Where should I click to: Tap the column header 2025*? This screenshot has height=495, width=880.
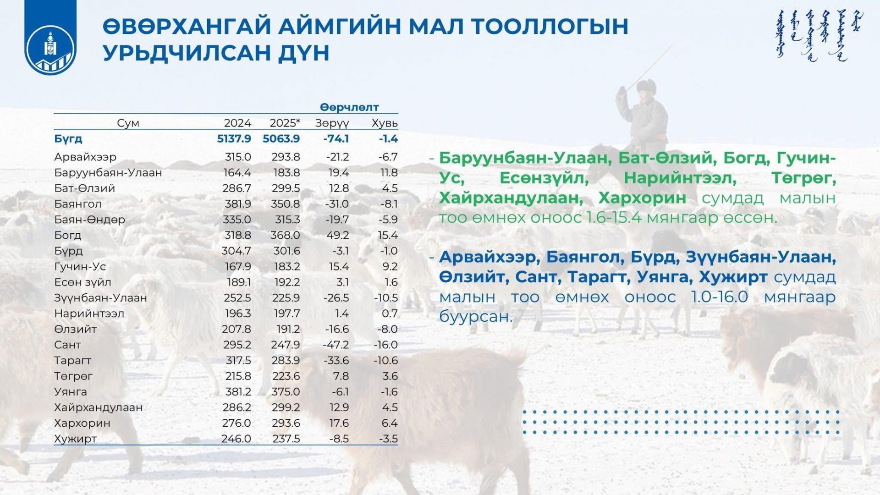pyautogui.click(x=285, y=123)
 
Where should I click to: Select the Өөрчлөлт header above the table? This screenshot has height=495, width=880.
pyautogui.click(x=349, y=107)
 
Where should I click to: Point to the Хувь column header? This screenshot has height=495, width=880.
pyautogui.click(x=384, y=123)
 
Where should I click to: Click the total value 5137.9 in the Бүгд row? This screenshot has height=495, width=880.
pyautogui.click(x=234, y=139)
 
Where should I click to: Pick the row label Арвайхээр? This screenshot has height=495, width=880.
pyautogui.click(x=85, y=157)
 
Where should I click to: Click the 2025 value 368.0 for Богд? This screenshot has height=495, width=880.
pyautogui.click(x=285, y=236)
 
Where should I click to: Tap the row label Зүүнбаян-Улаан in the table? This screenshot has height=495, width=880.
pyautogui.click(x=100, y=298)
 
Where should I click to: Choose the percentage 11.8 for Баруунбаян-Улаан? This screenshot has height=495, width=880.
pyautogui.click(x=389, y=173)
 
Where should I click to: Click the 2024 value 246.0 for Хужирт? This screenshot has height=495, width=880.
pyautogui.click(x=236, y=439)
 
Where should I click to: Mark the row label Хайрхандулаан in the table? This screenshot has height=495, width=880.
pyautogui.click(x=98, y=407)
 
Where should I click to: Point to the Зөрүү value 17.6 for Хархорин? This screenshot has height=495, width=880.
pyautogui.click(x=339, y=423)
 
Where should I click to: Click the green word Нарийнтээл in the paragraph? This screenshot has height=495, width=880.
pyautogui.click(x=680, y=178)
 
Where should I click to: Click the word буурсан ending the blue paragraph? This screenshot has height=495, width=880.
pyautogui.click(x=475, y=316)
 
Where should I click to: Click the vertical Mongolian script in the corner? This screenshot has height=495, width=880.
pyautogui.click(x=819, y=36)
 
